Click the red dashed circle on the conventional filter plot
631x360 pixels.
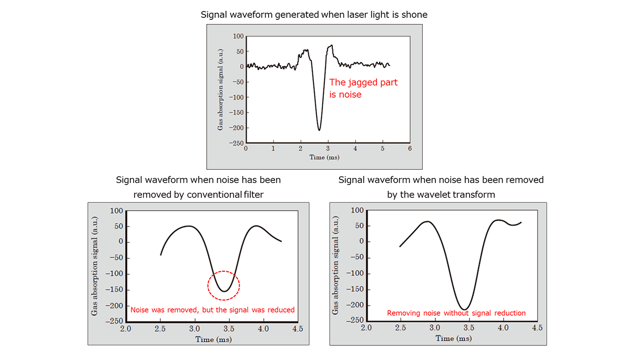[x=223, y=285]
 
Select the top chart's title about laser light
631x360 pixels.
[x=314, y=15]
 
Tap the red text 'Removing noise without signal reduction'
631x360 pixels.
[x=456, y=313]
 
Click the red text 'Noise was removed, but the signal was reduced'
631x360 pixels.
[x=212, y=310]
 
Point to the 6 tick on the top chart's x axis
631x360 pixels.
[x=410, y=149]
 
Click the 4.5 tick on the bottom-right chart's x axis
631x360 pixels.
[x=537, y=328]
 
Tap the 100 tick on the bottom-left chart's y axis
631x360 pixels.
[x=116, y=211]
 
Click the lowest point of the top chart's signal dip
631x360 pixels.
[x=319, y=130]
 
